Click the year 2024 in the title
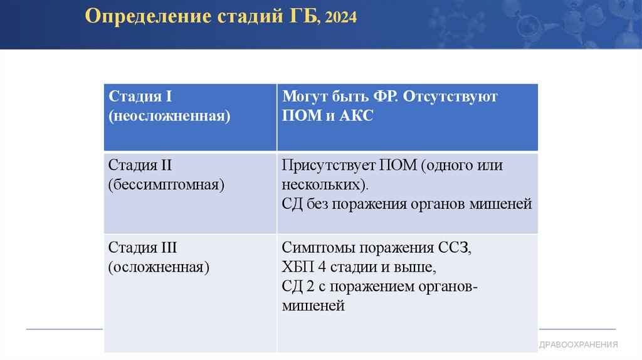point(341,18)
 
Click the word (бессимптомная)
point(167,185)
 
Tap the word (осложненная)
point(159,267)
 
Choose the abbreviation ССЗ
point(454,247)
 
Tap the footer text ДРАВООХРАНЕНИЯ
point(579,344)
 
